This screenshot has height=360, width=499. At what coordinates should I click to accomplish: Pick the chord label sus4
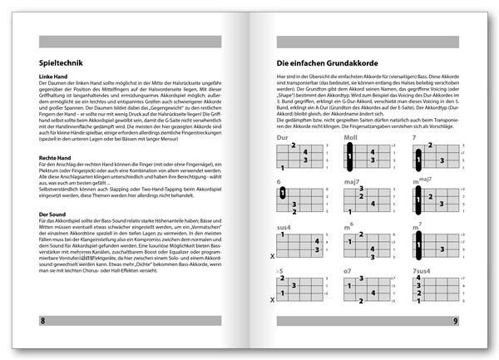285,226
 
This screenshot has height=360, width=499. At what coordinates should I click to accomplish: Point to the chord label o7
348,271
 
